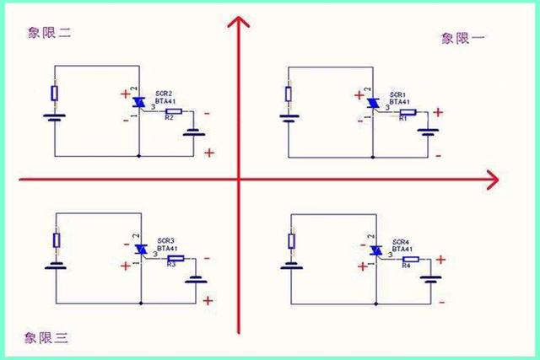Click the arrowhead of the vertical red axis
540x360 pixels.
coord(239,24)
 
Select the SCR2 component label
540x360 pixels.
coord(165,94)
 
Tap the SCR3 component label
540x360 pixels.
coord(166,240)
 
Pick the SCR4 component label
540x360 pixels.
coord(401,240)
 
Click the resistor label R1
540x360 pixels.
coord(403,120)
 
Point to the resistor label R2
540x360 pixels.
coord(169,119)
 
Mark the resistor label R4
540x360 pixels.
coord(406,266)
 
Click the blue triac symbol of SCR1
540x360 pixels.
coord(370,103)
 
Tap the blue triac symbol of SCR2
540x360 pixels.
coord(138,102)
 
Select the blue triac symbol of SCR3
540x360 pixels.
coord(140,248)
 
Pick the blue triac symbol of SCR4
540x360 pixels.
coord(374,249)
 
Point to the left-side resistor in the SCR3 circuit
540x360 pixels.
coord(57,240)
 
